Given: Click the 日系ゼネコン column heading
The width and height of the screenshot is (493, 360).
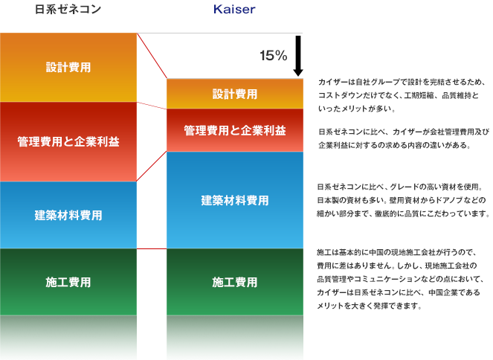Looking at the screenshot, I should [x=68, y=10].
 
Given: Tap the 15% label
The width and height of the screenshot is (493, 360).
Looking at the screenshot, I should [x=273, y=56].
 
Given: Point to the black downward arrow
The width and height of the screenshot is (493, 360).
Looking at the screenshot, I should [x=297, y=57].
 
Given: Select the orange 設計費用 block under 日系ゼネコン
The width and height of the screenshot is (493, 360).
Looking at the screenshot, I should [x=68, y=67].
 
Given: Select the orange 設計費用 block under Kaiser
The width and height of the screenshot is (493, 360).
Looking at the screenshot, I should [x=235, y=94].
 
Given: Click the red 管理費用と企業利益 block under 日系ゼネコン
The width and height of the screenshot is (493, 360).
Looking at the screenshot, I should [x=68, y=141].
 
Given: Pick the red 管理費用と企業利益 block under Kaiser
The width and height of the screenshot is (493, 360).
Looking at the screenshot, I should [x=235, y=130].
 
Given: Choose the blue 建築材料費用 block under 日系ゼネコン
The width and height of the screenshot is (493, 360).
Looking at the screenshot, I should [x=68, y=215].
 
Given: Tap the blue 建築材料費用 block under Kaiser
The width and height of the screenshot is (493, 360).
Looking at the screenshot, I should [x=235, y=200].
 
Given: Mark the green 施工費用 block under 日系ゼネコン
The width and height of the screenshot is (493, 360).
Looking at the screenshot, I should [x=68, y=282].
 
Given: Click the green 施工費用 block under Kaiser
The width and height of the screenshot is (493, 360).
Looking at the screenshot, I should [x=235, y=282].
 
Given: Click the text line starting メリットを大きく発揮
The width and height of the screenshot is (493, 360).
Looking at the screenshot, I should [x=369, y=304].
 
